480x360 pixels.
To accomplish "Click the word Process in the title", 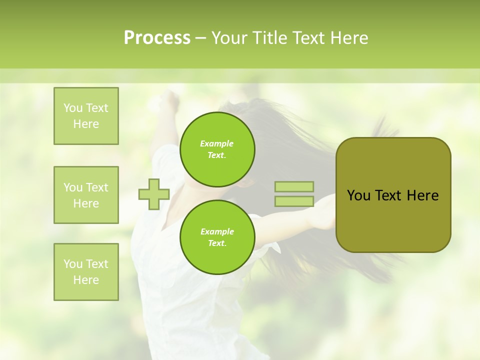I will (157, 38).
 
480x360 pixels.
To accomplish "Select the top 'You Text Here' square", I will (86, 116).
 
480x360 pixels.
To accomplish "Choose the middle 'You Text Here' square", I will (86, 195).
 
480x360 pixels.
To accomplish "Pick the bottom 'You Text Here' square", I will (86, 272).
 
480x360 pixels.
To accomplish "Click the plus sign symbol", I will (154, 194).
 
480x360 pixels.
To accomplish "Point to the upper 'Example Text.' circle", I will (217, 149).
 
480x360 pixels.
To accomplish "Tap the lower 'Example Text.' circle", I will (217, 237).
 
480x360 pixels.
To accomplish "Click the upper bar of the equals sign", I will (294, 186).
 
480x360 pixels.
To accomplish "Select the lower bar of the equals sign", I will (294, 201).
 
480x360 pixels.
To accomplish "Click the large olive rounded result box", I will (393, 195).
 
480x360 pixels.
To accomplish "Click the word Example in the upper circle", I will (217, 143).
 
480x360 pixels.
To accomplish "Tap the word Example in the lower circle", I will (217, 231).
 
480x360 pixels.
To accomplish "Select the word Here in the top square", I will (86, 124).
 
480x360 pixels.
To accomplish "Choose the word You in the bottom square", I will (73, 264).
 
